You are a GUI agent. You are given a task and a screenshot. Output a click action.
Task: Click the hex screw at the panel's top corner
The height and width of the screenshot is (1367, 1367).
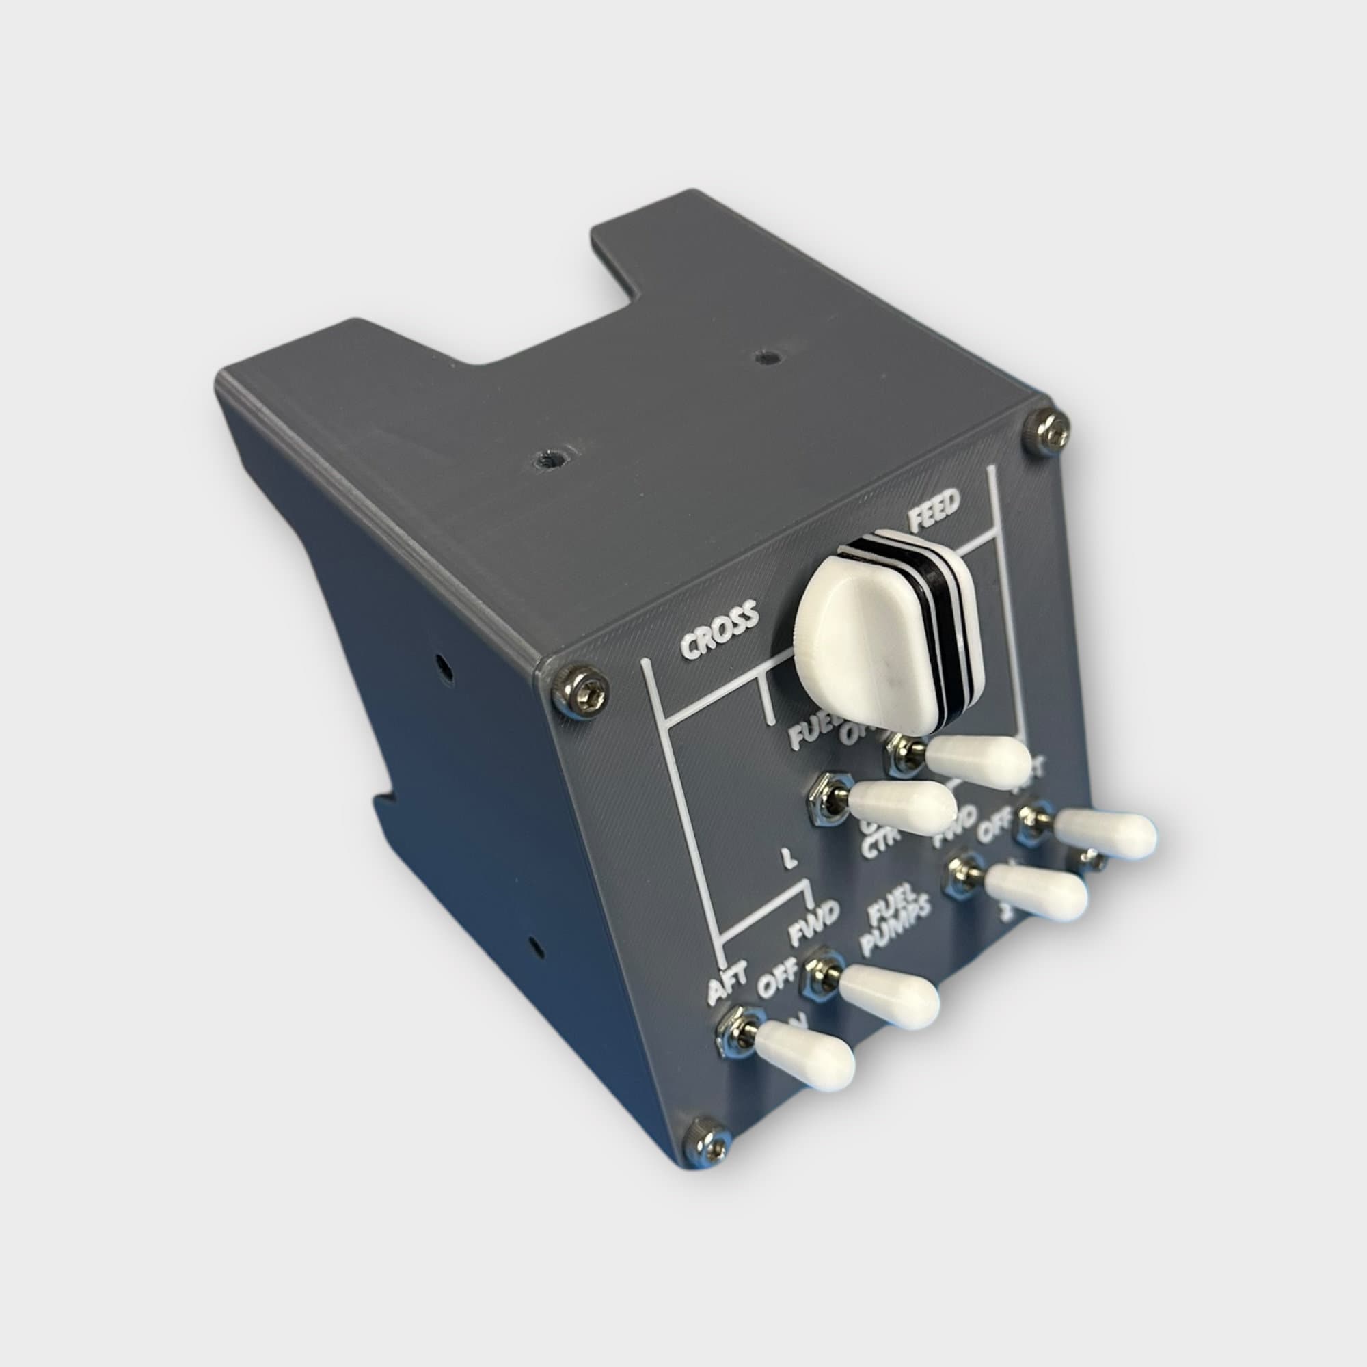click(1047, 433)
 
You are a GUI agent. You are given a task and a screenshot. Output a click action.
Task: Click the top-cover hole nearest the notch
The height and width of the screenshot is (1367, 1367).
click(763, 356)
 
